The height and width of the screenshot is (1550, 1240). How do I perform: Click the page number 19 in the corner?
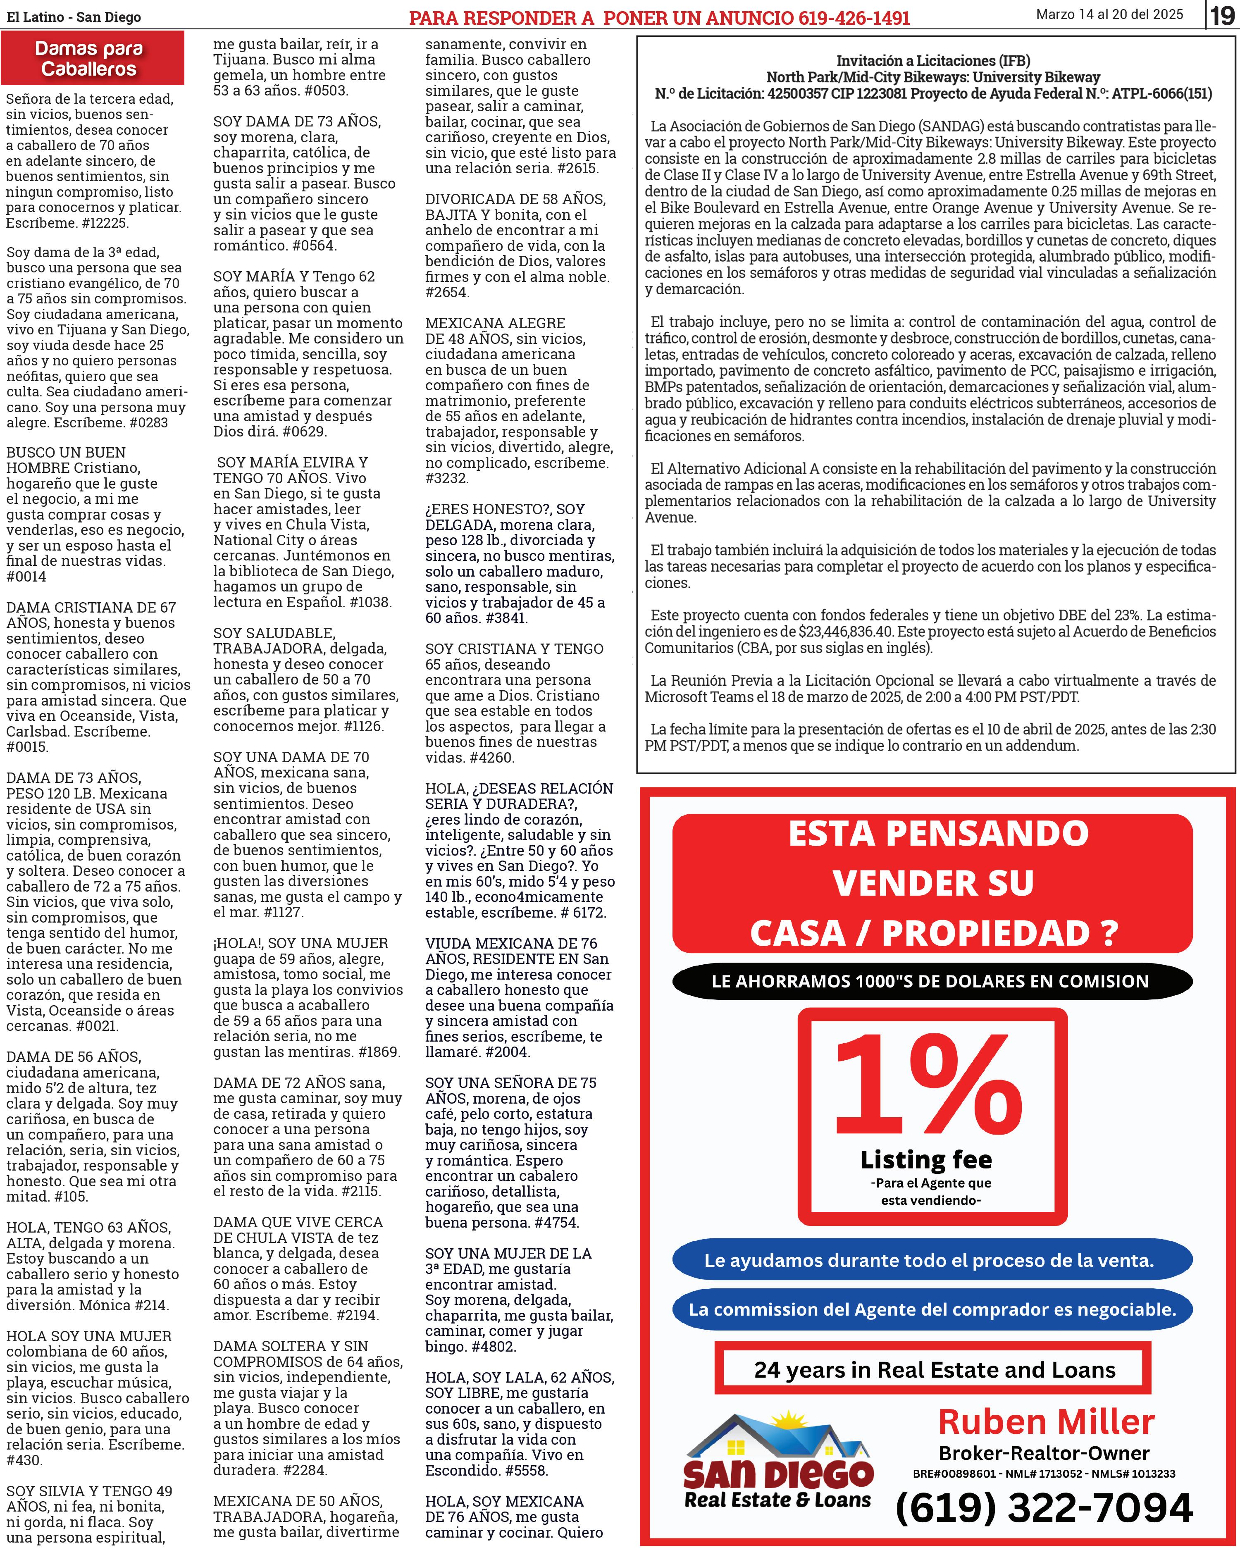click(1223, 15)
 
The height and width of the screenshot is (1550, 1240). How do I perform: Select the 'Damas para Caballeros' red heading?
click(89, 59)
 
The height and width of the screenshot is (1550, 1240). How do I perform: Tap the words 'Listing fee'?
click(926, 1160)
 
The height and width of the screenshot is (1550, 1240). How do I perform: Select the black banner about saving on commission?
click(932, 981)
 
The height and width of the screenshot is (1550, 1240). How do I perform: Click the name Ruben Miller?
click(1046, 1422)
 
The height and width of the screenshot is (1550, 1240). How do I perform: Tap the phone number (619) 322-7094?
click(1044, 1507)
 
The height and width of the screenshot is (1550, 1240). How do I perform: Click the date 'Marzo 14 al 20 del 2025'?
click(1109, 14)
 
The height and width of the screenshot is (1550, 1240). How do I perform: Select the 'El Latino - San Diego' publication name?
click(74, 17)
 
